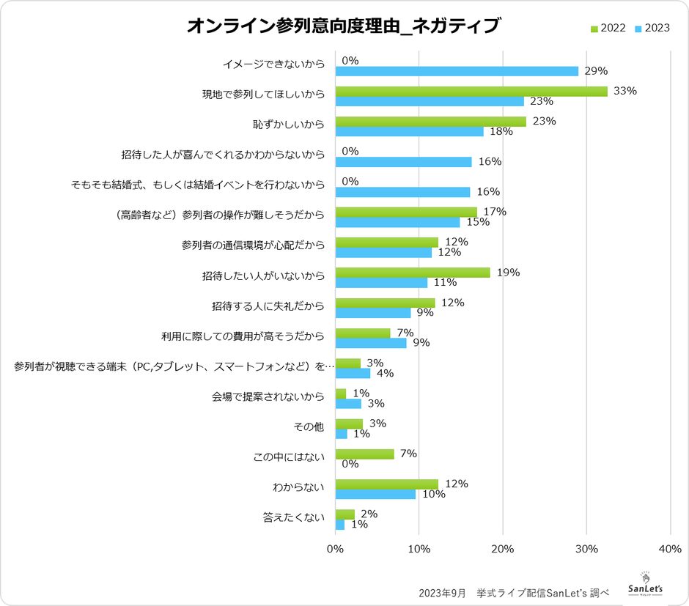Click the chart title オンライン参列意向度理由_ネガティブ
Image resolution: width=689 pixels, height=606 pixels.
(343, 26)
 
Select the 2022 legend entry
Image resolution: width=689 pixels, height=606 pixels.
(608, 28)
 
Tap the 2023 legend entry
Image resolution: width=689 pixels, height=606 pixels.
(652, 28)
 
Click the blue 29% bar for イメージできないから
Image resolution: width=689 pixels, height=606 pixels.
(456, 71)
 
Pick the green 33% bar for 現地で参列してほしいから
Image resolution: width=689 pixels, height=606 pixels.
(471, 91)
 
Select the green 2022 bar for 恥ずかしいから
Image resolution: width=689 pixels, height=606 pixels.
(430, 122)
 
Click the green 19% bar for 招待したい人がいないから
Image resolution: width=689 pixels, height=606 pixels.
(412, 273)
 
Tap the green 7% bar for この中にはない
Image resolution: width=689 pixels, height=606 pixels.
(364, 454)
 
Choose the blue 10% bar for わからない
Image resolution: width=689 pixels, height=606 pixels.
(375, 494)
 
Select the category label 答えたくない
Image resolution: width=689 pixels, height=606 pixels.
(293, 519)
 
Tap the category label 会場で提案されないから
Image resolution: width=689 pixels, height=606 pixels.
(268, 398)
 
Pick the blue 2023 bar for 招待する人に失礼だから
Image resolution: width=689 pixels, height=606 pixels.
(372, 313)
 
